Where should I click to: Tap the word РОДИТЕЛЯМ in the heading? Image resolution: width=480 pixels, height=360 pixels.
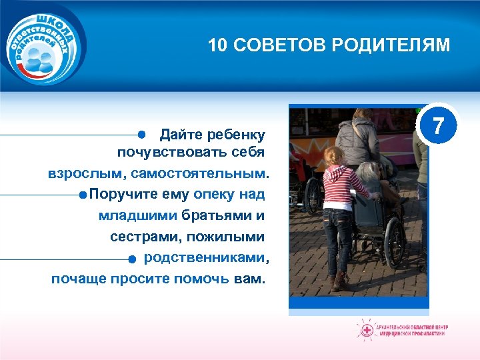399,45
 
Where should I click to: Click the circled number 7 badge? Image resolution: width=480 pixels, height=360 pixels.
437,126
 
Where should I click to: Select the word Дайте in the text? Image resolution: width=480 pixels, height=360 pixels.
176,135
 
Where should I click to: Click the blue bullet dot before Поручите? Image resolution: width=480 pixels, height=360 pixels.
81,195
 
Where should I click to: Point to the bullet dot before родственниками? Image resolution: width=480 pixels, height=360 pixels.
132,259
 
